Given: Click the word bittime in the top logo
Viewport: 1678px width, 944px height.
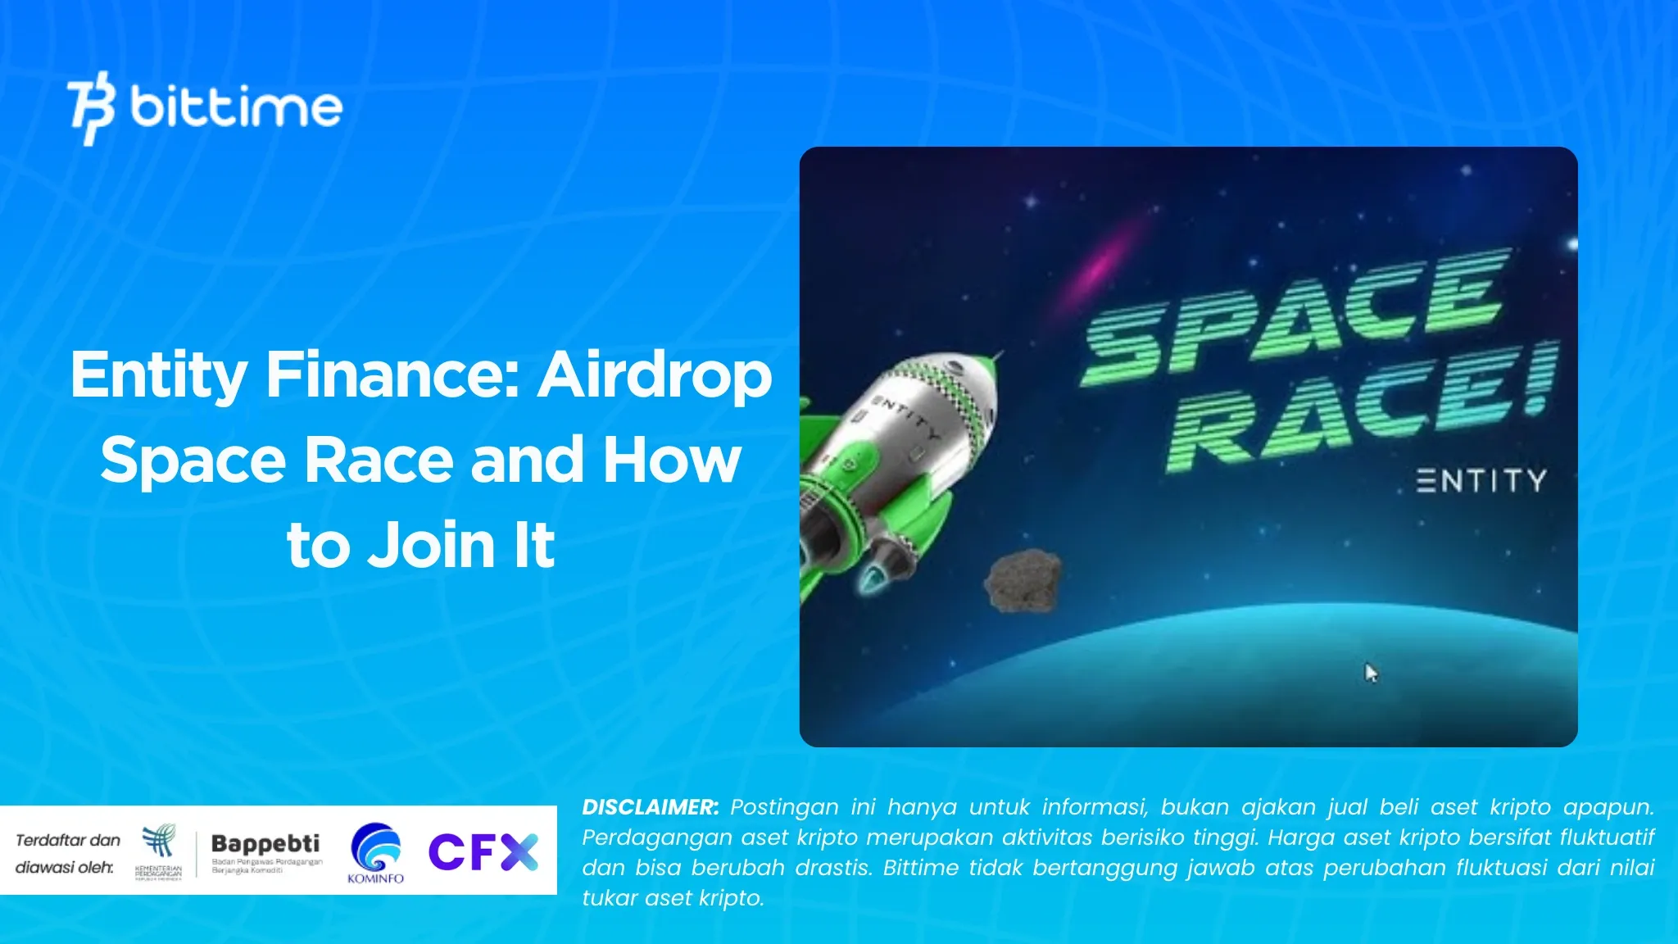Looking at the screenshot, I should (x=236, y=107).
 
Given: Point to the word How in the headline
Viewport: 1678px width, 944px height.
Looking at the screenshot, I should (x=672, y=461).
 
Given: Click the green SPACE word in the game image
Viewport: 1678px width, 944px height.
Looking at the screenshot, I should (x=1295, y=315).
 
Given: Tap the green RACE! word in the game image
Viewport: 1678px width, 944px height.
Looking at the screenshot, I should (x=1360, y=410).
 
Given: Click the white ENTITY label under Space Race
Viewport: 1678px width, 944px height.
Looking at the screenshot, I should (x=1481, y=481).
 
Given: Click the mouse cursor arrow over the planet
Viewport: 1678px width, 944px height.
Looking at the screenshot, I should (x=1371, y=673).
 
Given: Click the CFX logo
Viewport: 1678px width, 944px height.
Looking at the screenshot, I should (x=483, y=852).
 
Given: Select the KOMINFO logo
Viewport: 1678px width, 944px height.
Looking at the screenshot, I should (x=375, y=852).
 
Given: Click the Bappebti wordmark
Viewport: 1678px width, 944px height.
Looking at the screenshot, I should (x=265, y=843).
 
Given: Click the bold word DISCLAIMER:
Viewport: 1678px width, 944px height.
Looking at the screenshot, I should (x=650, y=807).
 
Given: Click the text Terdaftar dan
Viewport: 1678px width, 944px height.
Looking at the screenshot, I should (x=68, y=840).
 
